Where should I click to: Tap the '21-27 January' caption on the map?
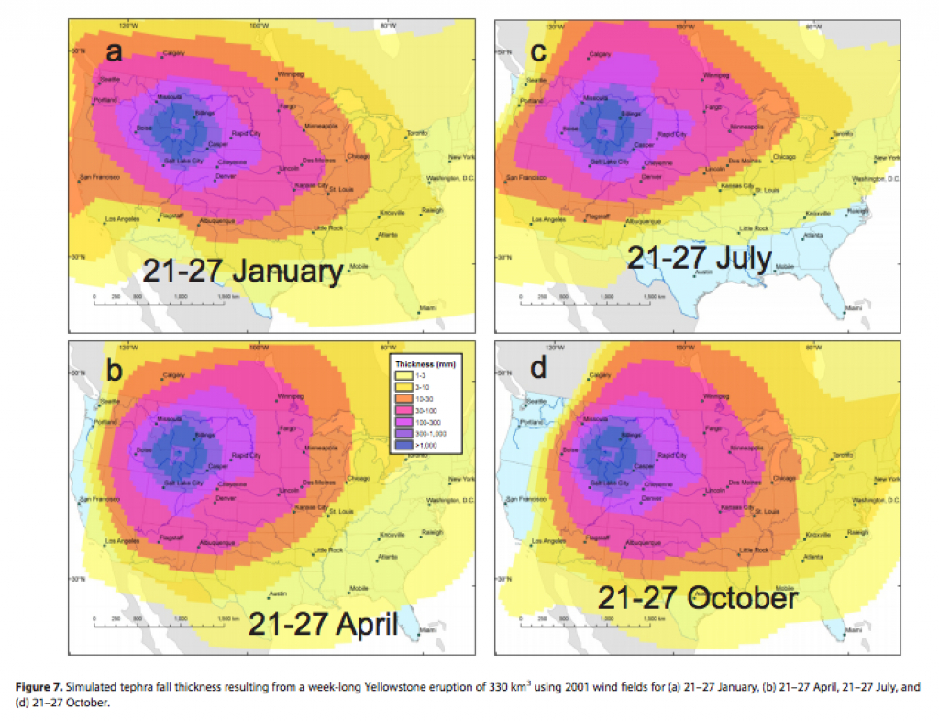click(242, 272)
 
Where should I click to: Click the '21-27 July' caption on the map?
click(700, 258)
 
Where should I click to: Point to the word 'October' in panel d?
click(742, 599)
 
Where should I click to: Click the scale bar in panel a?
click(160, 298)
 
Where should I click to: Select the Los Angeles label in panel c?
click(548, 220)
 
